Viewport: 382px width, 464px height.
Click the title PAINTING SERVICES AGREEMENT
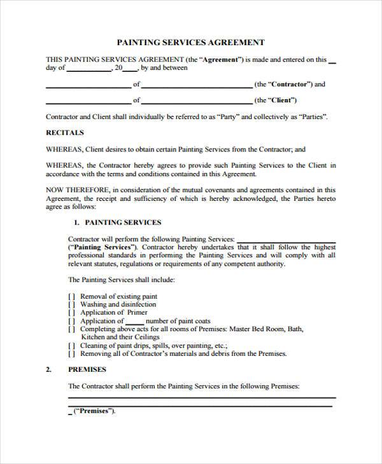pyautogui.click(x=191, y=43)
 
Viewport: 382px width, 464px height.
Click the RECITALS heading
pyautogui.click(x=64, y=133)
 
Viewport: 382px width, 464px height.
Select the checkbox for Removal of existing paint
pyautogui.click(x=71, y=296)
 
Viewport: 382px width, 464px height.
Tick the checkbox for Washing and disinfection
pyautogui.click(x=71, y=304)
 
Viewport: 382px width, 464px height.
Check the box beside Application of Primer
pyautogui.click(x=71, y=313)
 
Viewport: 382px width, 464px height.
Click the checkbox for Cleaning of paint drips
pyautogui.click(x=71, y=346)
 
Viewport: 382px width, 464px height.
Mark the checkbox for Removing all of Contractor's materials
pyautogui.click(x=71, y=354)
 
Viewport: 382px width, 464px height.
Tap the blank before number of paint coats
pyautogui.click(x=131, y=322)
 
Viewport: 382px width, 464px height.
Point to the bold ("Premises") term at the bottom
pyautogui.click(x=94, y=410)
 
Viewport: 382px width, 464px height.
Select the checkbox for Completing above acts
pyautogui.click(x=71, y=329)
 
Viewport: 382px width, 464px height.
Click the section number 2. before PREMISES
pyautogui.click(x=49, y=369)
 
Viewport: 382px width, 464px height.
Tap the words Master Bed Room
pyautogui.click(x=259, y=329)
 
